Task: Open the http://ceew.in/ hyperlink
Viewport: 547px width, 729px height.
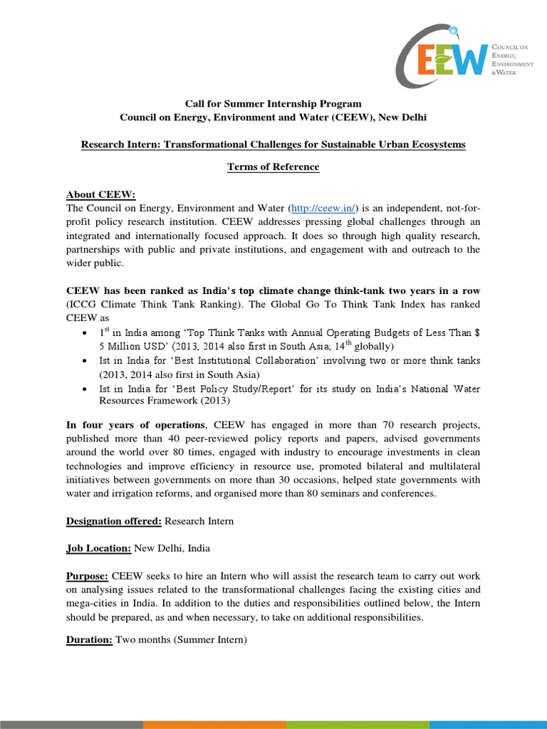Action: [327, 208]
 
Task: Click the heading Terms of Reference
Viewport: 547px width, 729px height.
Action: [273, 167]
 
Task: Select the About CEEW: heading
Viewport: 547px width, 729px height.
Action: [100, 194]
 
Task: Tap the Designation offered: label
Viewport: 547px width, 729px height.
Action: [114, 520]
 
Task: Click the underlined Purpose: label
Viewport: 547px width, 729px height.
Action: [88, 575]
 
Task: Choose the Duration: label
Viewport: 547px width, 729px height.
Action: [89, 640]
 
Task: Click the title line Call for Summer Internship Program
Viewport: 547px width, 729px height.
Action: [273, 103]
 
